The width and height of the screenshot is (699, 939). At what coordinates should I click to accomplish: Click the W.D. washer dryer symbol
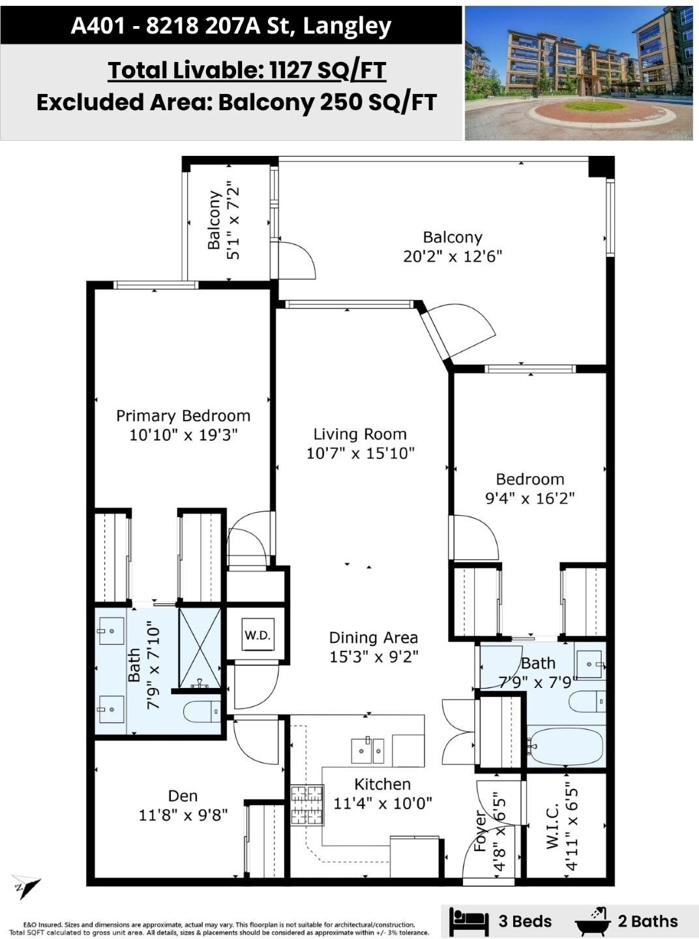point(258,634)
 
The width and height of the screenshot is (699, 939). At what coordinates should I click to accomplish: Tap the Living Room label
point(360,434)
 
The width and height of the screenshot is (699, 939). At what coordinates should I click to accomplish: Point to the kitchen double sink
point(368,750)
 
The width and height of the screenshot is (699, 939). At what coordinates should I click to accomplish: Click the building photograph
point(579,73)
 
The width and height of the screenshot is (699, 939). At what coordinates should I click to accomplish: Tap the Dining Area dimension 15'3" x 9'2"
point(374,657)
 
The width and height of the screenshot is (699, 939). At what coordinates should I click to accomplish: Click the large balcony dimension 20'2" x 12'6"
point(452,256)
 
